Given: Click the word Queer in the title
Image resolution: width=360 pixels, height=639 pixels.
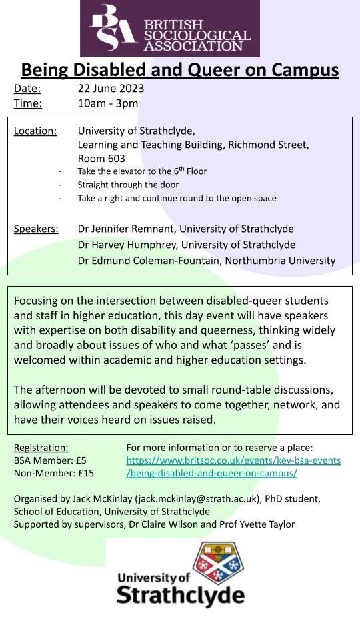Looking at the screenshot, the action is [x=201, y=69].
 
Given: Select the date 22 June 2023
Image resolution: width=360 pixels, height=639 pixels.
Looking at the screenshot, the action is [x=111, y=89].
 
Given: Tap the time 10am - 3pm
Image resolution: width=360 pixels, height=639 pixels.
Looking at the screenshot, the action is [x=108, y=103].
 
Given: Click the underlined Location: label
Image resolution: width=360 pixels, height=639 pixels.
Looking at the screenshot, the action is [x=35, y=131].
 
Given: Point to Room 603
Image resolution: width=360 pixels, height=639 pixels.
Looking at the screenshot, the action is [x=101, y=159].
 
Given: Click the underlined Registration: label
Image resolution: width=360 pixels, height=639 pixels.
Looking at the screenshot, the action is [x=41, y=448].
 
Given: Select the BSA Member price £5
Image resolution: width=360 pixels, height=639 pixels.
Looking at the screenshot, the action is [x=80, y=460].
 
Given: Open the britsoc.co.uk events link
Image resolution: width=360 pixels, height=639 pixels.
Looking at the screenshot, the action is [x=233, y=460].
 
